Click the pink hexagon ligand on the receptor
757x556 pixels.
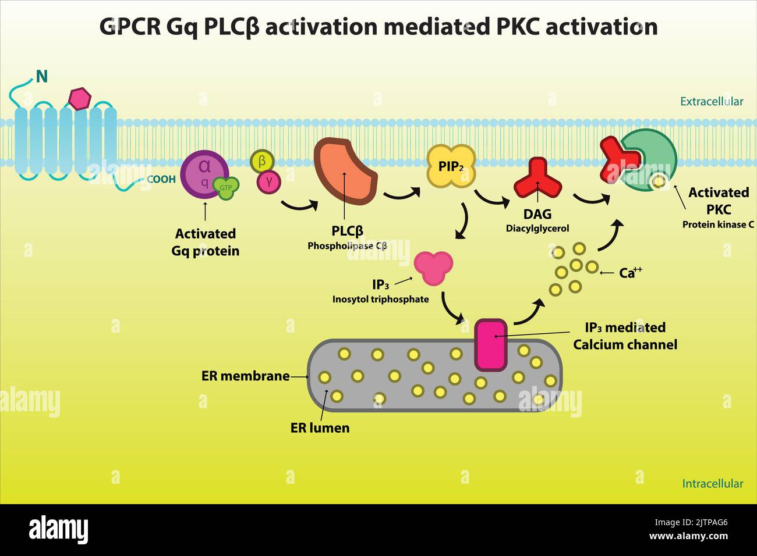(80, 98)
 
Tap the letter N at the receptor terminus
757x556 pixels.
(41, 76)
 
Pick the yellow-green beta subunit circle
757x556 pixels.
(262, 161)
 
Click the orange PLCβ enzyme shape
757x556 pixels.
(345, 171)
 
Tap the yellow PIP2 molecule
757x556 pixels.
(451, 166)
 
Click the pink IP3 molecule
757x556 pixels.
(433, 267)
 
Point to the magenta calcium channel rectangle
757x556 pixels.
(491, 344)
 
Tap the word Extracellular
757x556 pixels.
(711, 102)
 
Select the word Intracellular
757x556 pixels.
(712, 484)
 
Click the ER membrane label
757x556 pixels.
(245, 376)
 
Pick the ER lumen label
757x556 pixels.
(320, 428)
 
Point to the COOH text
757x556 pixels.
(161, 180)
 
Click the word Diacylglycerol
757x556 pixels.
(537, 229)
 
